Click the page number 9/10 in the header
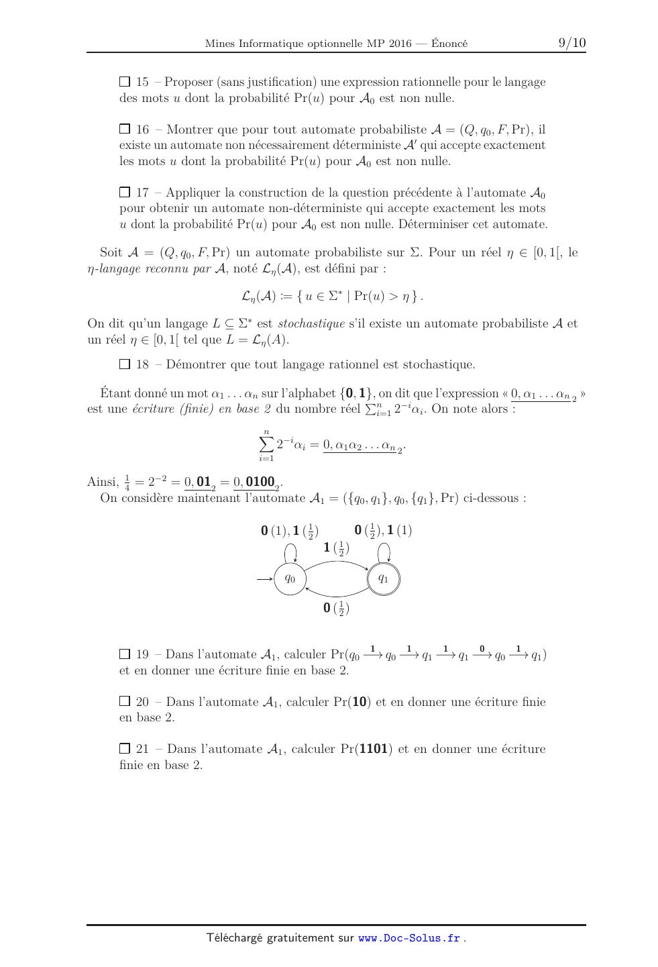click(571, 43)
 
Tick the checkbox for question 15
click(124, 82)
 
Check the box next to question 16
click(124, 129)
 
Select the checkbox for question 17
click(124, 193)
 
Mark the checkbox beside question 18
click(124, 364)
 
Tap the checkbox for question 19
click(124, 654)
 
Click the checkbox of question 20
click(124, 701)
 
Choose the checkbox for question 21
click(124, 748)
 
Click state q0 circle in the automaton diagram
click(290, 578)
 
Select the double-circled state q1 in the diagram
click(383, 578)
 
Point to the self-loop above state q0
click(290, 552)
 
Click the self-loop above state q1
click(384, 552)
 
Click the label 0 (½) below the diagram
click(336, 609)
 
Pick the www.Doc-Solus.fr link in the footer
click(409, 938)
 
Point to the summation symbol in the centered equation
click(266, 445)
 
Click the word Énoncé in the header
click(449, 44)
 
